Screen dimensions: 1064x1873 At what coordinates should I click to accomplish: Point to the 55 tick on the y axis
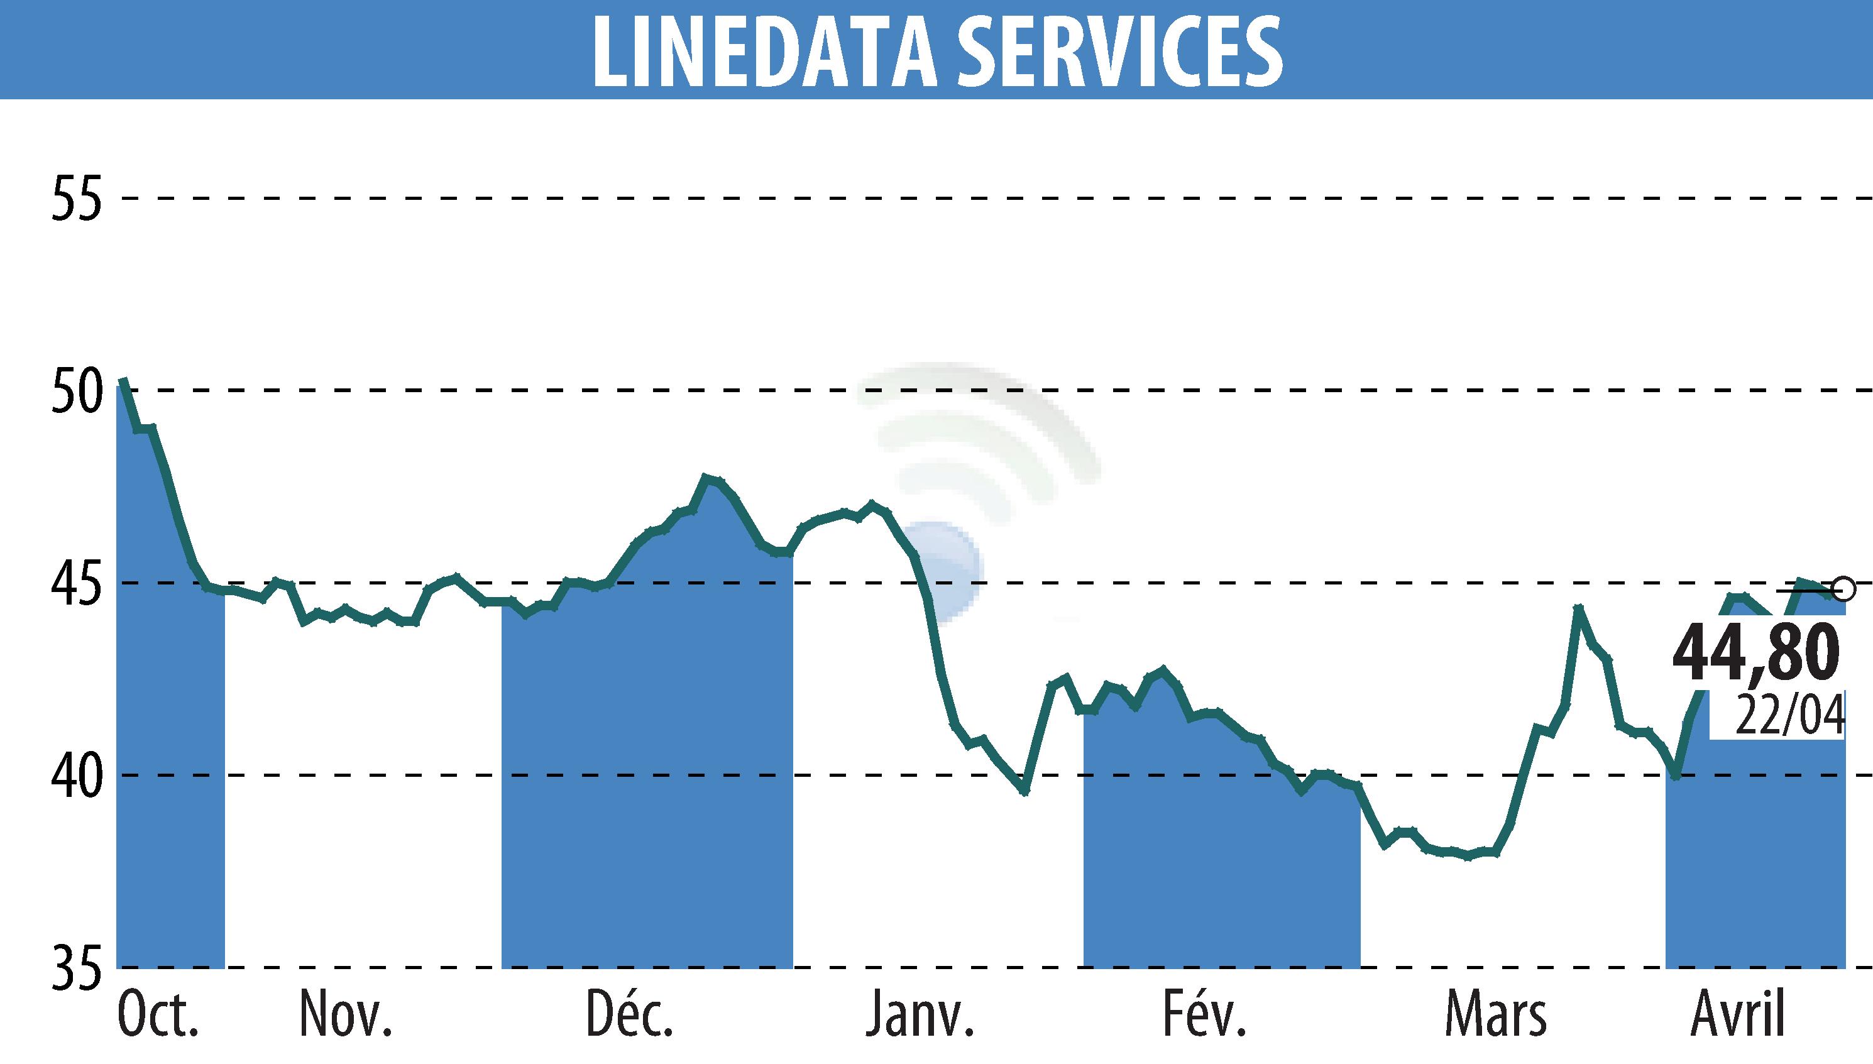[x=75, y=199]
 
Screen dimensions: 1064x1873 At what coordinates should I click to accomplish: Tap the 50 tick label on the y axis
[x=75, y=391]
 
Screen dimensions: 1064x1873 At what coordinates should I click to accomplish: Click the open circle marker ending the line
[x=1845, y=588]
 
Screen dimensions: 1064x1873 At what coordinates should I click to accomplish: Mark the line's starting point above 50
[x=123, y=380]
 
